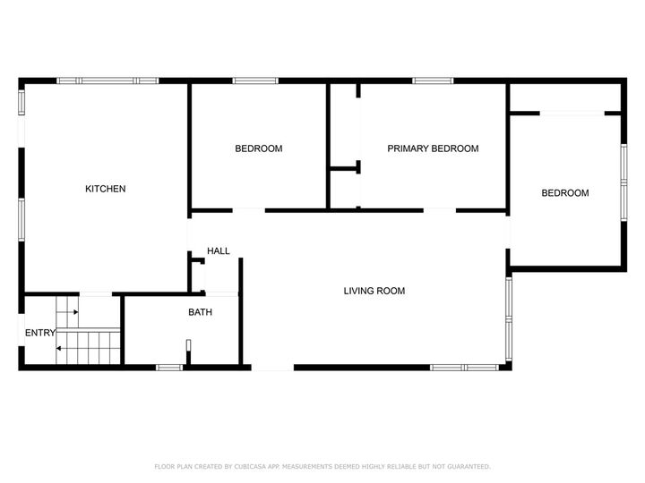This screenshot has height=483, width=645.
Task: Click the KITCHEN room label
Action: coord(106,189)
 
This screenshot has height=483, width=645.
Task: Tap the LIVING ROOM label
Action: coord(374,292)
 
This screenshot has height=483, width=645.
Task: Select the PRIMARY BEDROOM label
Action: coord(434,148)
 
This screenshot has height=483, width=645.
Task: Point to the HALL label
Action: coord(219,251)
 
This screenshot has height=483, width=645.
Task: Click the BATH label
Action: coord(201,312)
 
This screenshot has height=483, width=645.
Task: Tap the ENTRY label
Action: coord(40,333)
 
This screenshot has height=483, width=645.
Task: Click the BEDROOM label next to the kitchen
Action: coord(259,148)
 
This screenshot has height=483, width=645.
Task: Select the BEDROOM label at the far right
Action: coord(565,193)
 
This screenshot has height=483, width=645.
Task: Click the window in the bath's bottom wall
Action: coord(169,368)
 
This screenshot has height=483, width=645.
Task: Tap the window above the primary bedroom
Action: coord(434,80)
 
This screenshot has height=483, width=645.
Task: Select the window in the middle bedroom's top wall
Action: coord(255,80)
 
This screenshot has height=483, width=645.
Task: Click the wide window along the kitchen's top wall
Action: coord(107,80)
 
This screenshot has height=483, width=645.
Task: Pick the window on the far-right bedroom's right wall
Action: coord(624,182)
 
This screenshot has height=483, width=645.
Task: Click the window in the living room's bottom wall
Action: coord(465,368)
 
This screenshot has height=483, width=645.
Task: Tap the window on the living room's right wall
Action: coord(509,319)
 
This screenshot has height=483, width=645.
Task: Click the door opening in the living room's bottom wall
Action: coord(272,368)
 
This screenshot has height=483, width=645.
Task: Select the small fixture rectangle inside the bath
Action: coord(188,345)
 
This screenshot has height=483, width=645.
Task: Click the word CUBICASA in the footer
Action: coord(250,467)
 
